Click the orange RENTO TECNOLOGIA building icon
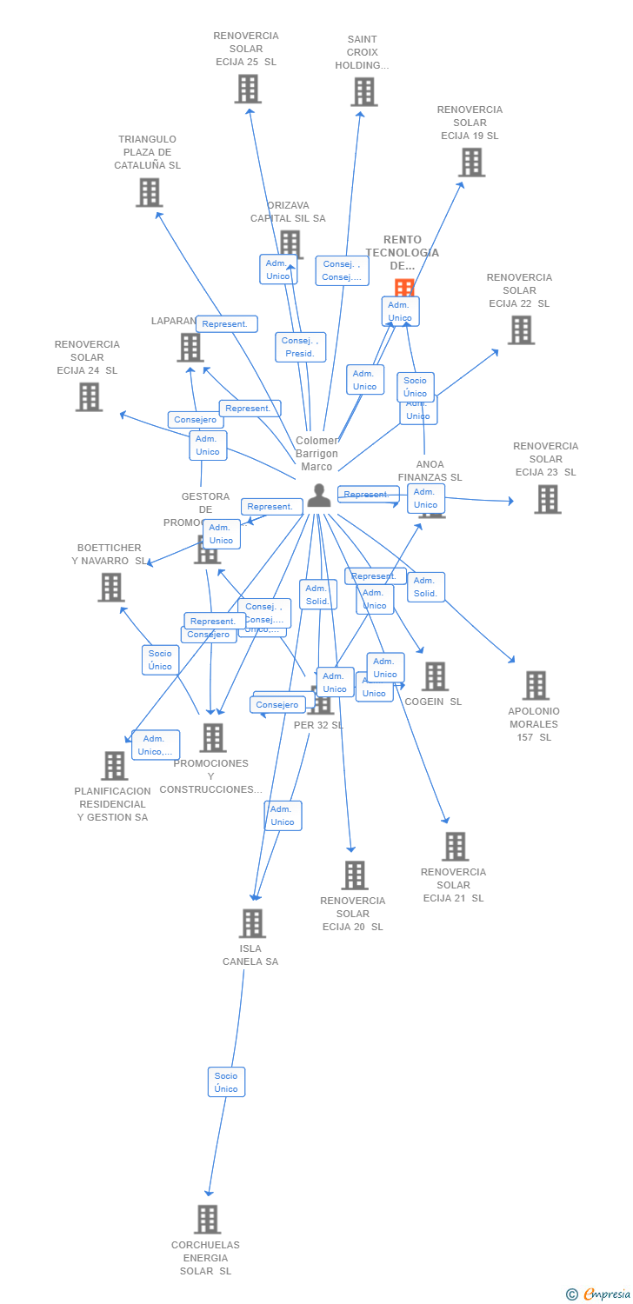(403, 289)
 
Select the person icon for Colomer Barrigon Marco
(319, 495)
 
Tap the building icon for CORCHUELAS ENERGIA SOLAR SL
(207, 1219)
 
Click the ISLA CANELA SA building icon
(252, 923)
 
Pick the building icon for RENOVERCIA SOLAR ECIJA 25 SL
(248, 89)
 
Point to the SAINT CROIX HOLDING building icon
(363, 92)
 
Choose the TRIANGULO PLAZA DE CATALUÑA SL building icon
(149, 192)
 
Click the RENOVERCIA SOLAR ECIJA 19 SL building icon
(471, 163)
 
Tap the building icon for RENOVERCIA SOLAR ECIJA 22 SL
(520, 330)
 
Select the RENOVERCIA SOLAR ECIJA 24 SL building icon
(89, 397)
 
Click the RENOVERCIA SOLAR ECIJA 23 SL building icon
(547, 499)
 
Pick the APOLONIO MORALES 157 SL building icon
(536, 685)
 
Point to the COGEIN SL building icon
(435, 676)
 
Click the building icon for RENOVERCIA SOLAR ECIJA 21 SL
(455, 846)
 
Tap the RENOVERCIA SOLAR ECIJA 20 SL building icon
(354, 875)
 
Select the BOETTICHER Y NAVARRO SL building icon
(111, 588)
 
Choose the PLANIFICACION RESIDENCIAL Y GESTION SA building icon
(114, 766)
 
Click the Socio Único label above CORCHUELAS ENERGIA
(226, 1082)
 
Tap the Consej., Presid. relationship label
(300, 347)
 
